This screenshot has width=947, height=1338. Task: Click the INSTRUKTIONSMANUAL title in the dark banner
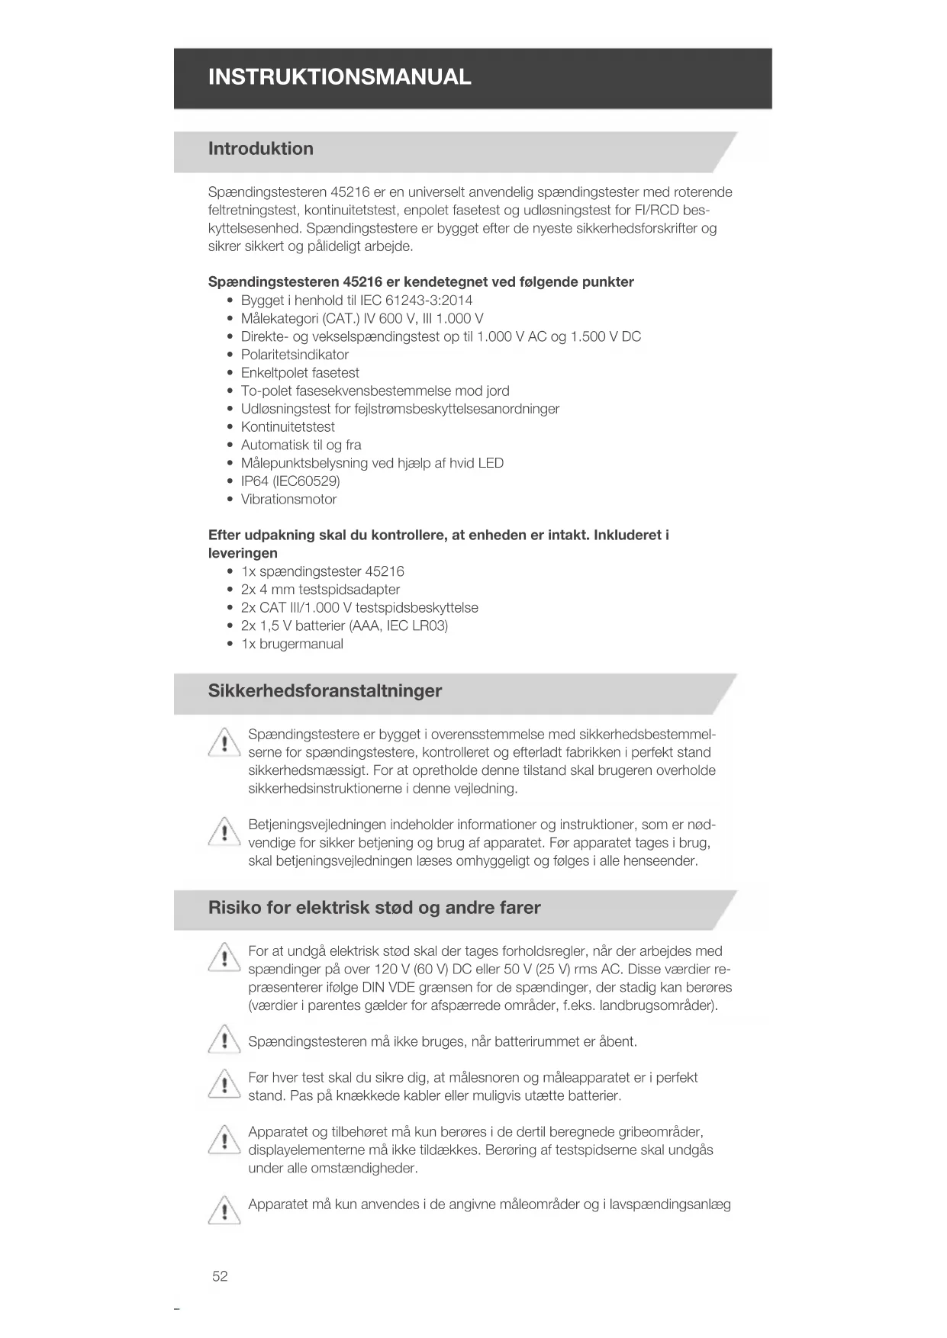340,77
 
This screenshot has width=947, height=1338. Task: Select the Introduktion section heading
260,149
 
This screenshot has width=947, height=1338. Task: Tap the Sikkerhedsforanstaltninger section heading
324,691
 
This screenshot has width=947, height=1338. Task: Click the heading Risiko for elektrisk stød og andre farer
374,908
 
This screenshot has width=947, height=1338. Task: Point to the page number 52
220,1276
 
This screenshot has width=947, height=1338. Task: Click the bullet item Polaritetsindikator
295,355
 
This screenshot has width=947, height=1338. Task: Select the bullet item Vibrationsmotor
288,500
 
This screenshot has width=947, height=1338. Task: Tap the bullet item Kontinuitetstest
288,427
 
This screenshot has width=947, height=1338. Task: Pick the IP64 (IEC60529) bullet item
290,481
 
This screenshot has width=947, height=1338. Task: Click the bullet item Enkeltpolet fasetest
300,373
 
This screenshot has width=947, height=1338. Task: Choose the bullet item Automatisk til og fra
301,445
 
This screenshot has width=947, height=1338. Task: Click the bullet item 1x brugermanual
292,644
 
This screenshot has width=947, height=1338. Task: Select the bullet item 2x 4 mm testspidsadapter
320,590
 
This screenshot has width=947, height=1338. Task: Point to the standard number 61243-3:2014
429,301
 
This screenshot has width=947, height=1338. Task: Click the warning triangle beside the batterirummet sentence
224,1040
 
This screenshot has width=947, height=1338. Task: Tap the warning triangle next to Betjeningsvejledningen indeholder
224,832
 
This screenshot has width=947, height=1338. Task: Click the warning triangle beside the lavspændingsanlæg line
224,1211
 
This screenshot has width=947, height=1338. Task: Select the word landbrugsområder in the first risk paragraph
657,1005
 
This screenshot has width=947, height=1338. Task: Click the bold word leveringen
243,553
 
